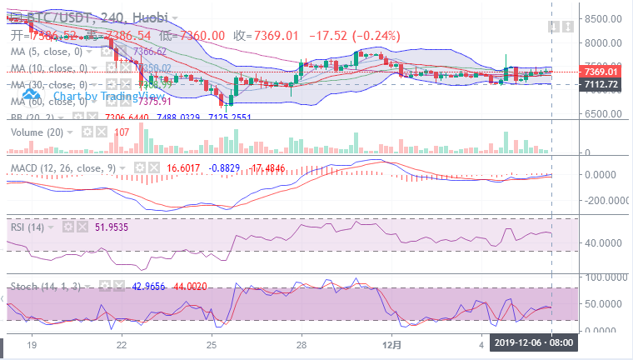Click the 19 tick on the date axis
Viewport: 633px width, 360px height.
(x=32, y=343)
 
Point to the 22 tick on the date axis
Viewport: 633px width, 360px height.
(x=122, y=343)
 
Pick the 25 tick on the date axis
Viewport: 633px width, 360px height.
(x=212, y=343)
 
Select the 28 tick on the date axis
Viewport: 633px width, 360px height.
(x=302, y=343)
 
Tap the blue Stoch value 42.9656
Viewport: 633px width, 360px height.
(x=149, y=286)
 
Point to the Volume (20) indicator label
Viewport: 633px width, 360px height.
(x=34, y=132)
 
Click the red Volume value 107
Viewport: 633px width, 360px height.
(x=122, y=132)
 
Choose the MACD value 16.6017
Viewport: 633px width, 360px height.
(x=185, y=167)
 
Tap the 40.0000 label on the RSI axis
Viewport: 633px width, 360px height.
(x=603, y=243)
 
